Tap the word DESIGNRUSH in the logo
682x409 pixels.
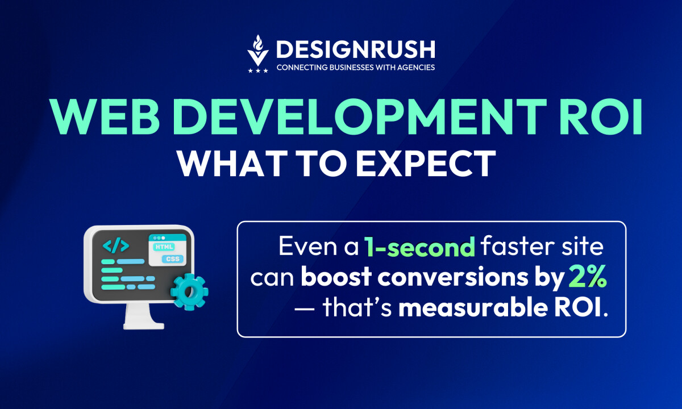(355, 49)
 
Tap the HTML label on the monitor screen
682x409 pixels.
(165, 247)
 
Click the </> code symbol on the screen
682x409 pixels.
(116, 245)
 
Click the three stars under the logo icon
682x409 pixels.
(258, 70)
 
